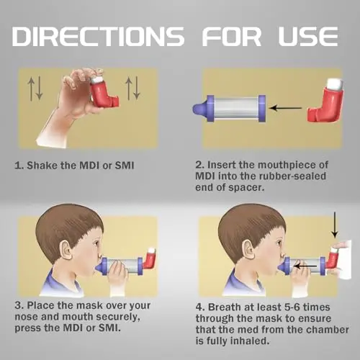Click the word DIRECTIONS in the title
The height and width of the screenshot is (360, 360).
(98, 36)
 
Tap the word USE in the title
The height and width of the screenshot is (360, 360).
(308, 36)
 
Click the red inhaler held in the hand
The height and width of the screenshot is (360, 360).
(104, 91)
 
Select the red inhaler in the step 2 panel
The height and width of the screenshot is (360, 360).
(326, 101)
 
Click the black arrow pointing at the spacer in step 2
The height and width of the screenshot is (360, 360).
(286, 108)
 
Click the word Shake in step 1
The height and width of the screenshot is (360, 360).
(41, 166)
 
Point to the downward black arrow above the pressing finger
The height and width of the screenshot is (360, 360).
(334, 225)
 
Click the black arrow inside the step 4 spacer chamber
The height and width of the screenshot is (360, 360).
(305, 266)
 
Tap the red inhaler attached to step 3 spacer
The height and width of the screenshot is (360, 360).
(150, 258)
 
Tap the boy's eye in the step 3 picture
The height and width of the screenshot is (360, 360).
(96, 243)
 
